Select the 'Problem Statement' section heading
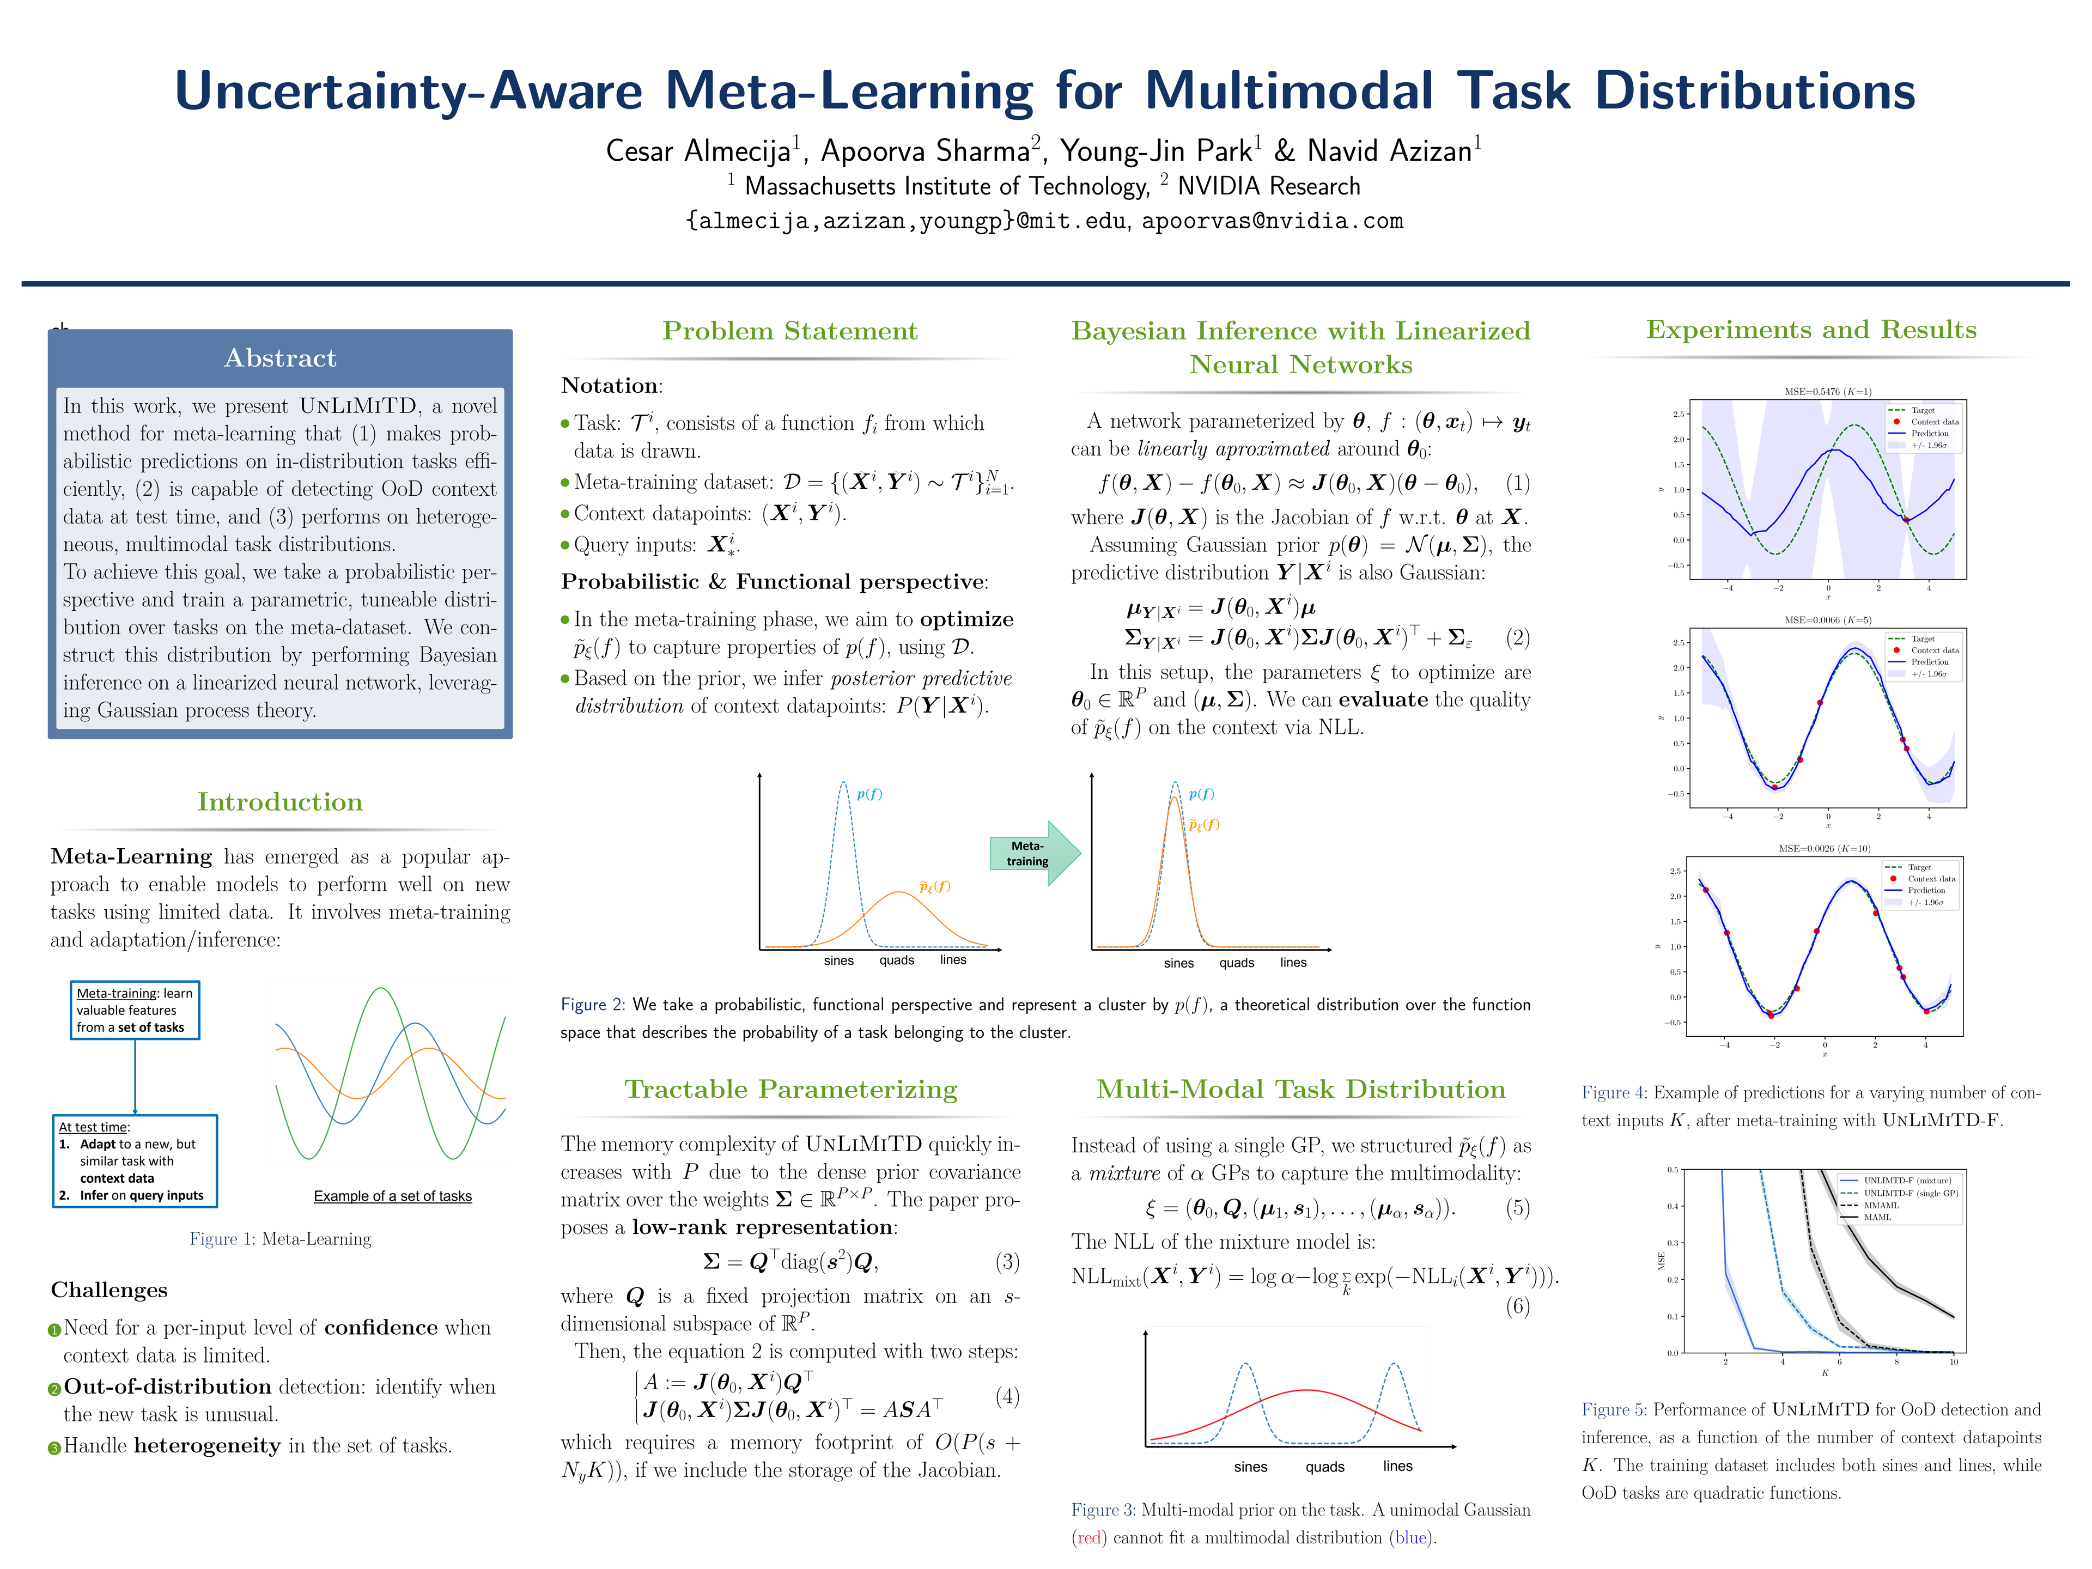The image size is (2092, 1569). [790, 331]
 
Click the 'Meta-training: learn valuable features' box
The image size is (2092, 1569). [135, 1010]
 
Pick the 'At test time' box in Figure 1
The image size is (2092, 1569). [135, 1160]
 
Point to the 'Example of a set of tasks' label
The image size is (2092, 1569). [392, 1196]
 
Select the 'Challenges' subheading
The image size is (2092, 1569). [109, 1290]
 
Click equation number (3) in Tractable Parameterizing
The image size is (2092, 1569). [1007, 1262]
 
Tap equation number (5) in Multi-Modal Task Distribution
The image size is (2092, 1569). [1517, 1208]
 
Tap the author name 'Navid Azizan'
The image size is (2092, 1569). [1389, 151]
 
